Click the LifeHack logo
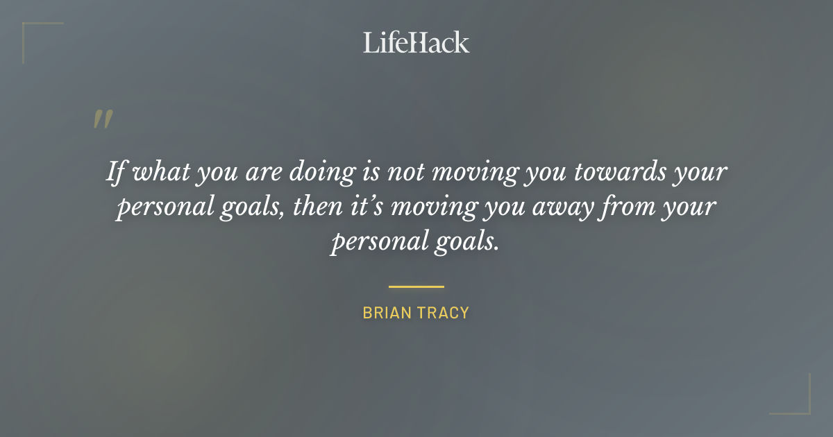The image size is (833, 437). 416,42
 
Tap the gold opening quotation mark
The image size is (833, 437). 103,119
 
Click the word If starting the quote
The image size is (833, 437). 115,171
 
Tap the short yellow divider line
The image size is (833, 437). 416,286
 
